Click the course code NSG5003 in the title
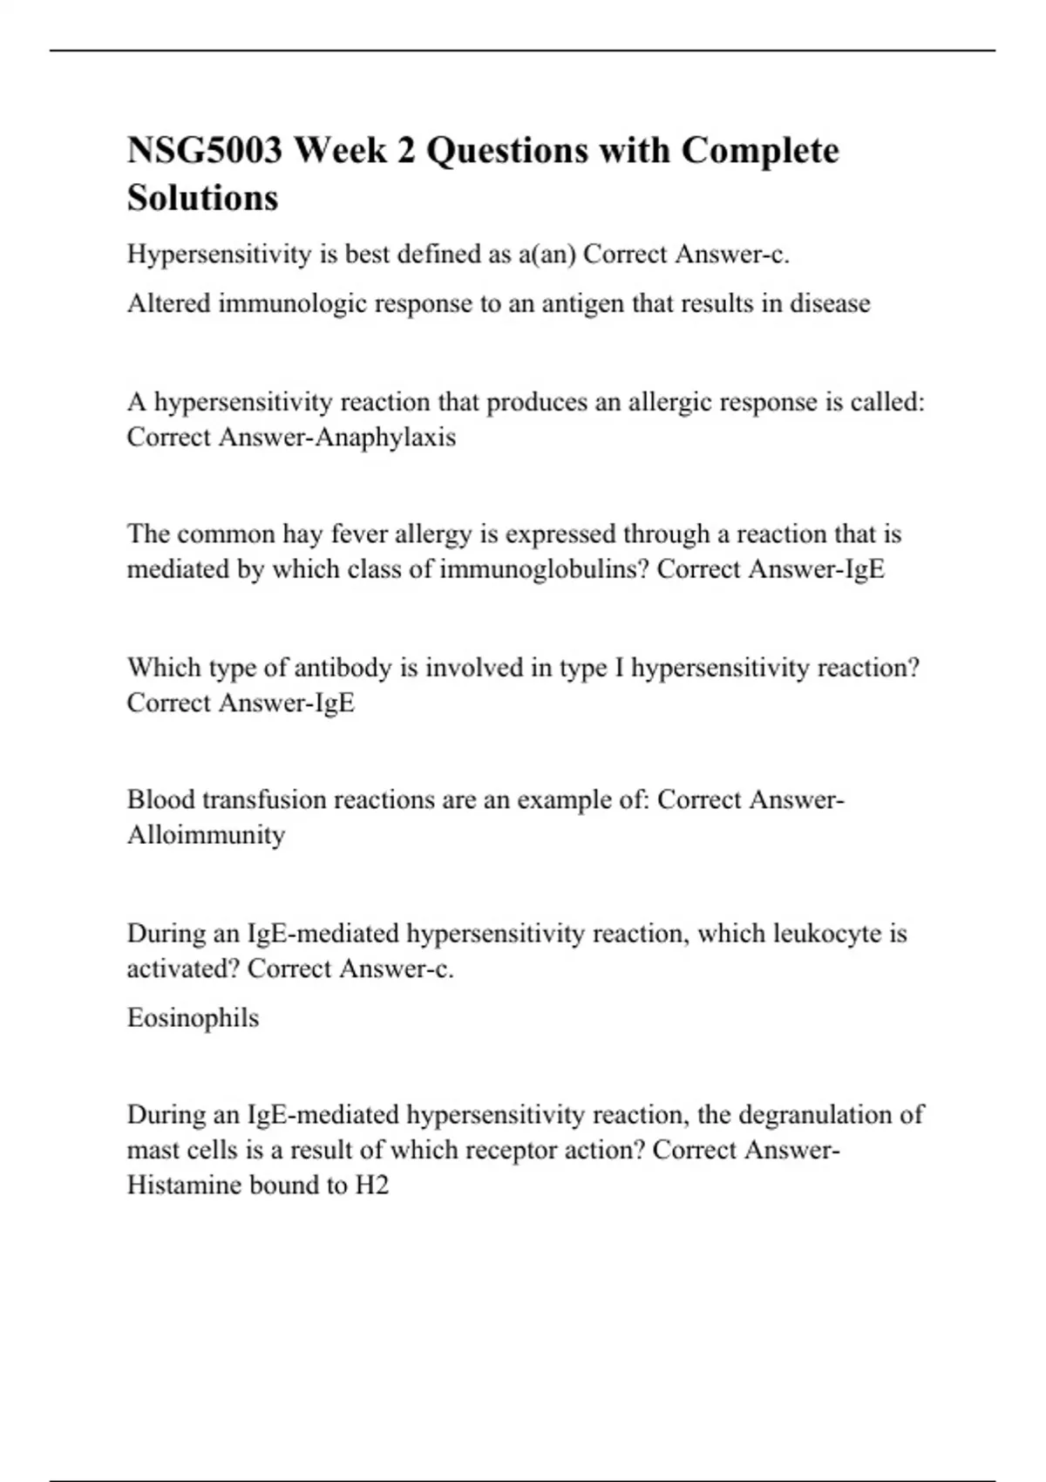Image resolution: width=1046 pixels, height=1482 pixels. coord(205,151)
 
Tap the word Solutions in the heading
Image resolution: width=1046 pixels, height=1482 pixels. coord(202,198)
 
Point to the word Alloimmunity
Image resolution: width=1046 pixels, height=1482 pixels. coord(206,835)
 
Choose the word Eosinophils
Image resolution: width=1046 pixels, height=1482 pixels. coord(193,1018)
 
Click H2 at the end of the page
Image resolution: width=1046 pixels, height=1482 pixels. coord(371,1186)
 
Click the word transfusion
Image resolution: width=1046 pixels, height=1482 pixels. coord(264,800)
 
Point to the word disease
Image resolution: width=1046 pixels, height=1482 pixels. coord(830,303)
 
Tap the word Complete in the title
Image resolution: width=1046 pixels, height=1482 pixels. coord(759,151)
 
